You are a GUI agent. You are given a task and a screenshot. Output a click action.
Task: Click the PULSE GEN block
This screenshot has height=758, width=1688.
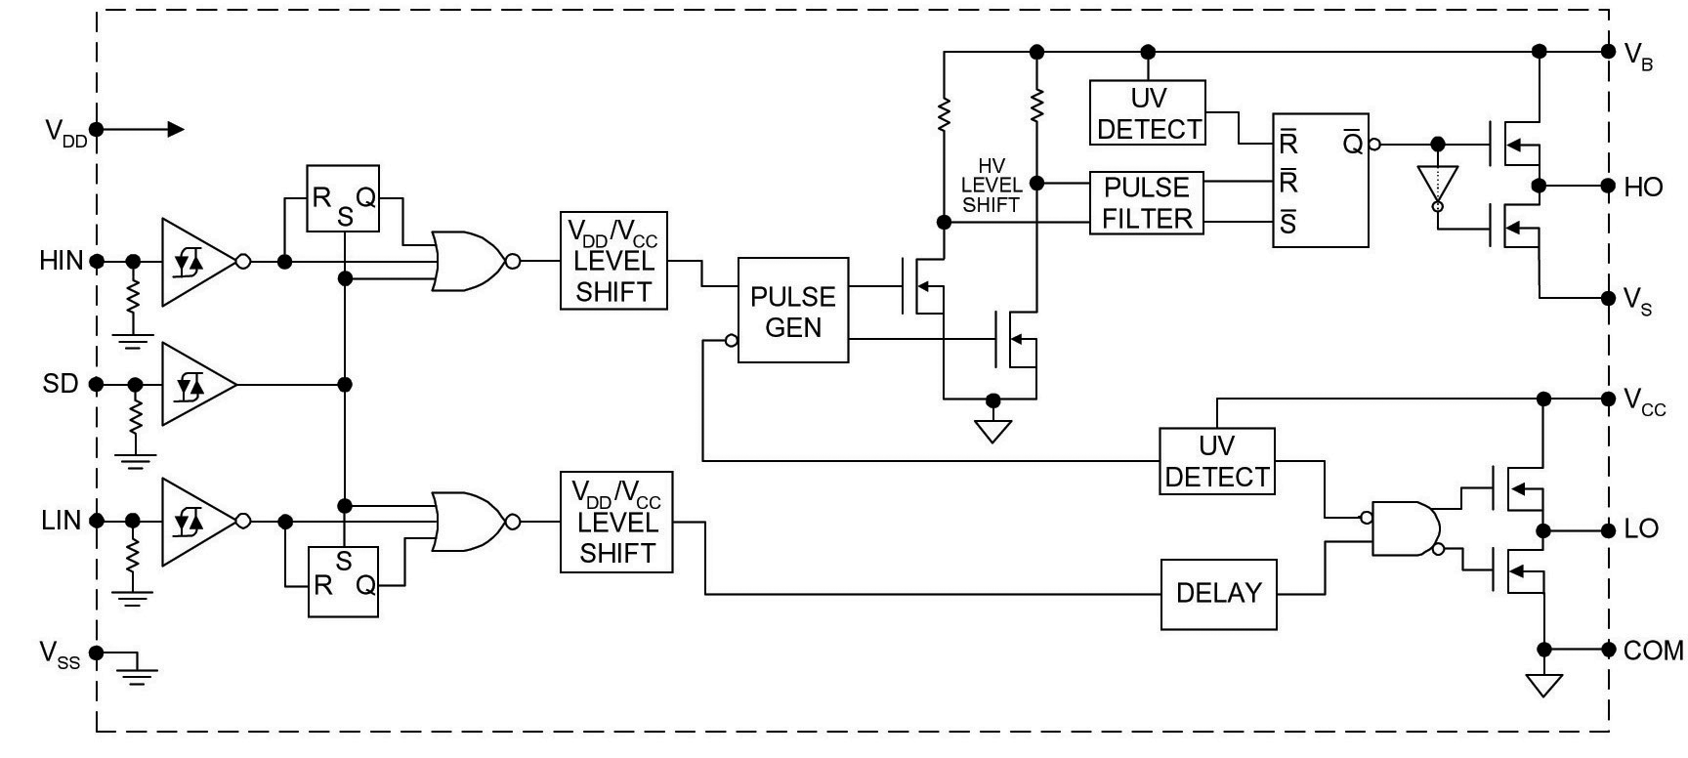[x=792, y=311]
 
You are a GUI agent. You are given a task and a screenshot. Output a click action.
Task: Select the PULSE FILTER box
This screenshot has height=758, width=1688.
[x=1147, y=203]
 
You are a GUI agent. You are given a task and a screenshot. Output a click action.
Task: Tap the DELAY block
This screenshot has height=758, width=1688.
[x=1218, y=594]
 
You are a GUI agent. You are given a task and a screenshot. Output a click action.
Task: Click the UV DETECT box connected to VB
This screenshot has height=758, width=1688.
[x=1148, y=113]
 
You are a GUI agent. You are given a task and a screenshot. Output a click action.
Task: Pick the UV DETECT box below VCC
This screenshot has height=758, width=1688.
[x=1217, y=461]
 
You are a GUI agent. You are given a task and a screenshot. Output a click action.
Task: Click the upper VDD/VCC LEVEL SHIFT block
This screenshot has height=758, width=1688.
[x=614, y=261]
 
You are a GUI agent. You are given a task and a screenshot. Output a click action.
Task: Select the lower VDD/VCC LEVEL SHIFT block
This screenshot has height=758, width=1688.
[x=616, y=523]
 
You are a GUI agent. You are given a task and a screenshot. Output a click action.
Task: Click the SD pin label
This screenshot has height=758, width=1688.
[x=60, y=384]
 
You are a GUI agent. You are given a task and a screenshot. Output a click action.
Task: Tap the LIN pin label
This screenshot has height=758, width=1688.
[x=61, y=521]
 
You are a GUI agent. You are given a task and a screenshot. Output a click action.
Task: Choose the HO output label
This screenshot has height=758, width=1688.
[x=1643, y=188]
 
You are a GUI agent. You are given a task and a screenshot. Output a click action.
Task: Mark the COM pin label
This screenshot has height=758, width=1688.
[x=1653, y=651]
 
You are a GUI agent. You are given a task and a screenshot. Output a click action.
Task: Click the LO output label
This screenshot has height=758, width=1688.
[x=1641, y=529]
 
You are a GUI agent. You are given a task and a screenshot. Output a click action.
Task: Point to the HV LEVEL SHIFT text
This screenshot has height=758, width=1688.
[x=992, y=186]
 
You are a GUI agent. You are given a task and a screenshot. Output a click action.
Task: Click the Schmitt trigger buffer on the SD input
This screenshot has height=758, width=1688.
[x=198, y=384]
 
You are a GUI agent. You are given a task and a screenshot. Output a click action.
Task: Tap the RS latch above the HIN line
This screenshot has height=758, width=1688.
[x=343, y=198]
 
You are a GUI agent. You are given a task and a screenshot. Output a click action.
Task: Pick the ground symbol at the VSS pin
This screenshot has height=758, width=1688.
[x=138, y=669]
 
